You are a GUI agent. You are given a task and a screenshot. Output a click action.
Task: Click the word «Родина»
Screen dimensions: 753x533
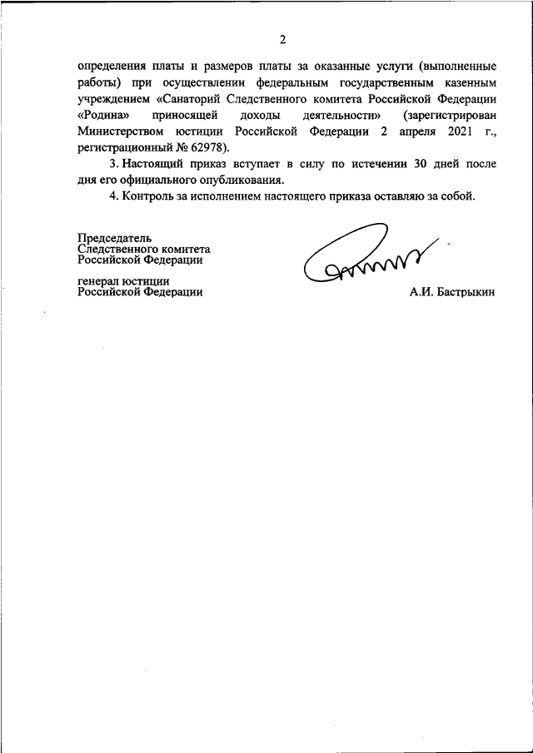click(104, 113)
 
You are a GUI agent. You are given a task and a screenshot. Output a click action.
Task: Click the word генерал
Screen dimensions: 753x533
click(97, 280)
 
